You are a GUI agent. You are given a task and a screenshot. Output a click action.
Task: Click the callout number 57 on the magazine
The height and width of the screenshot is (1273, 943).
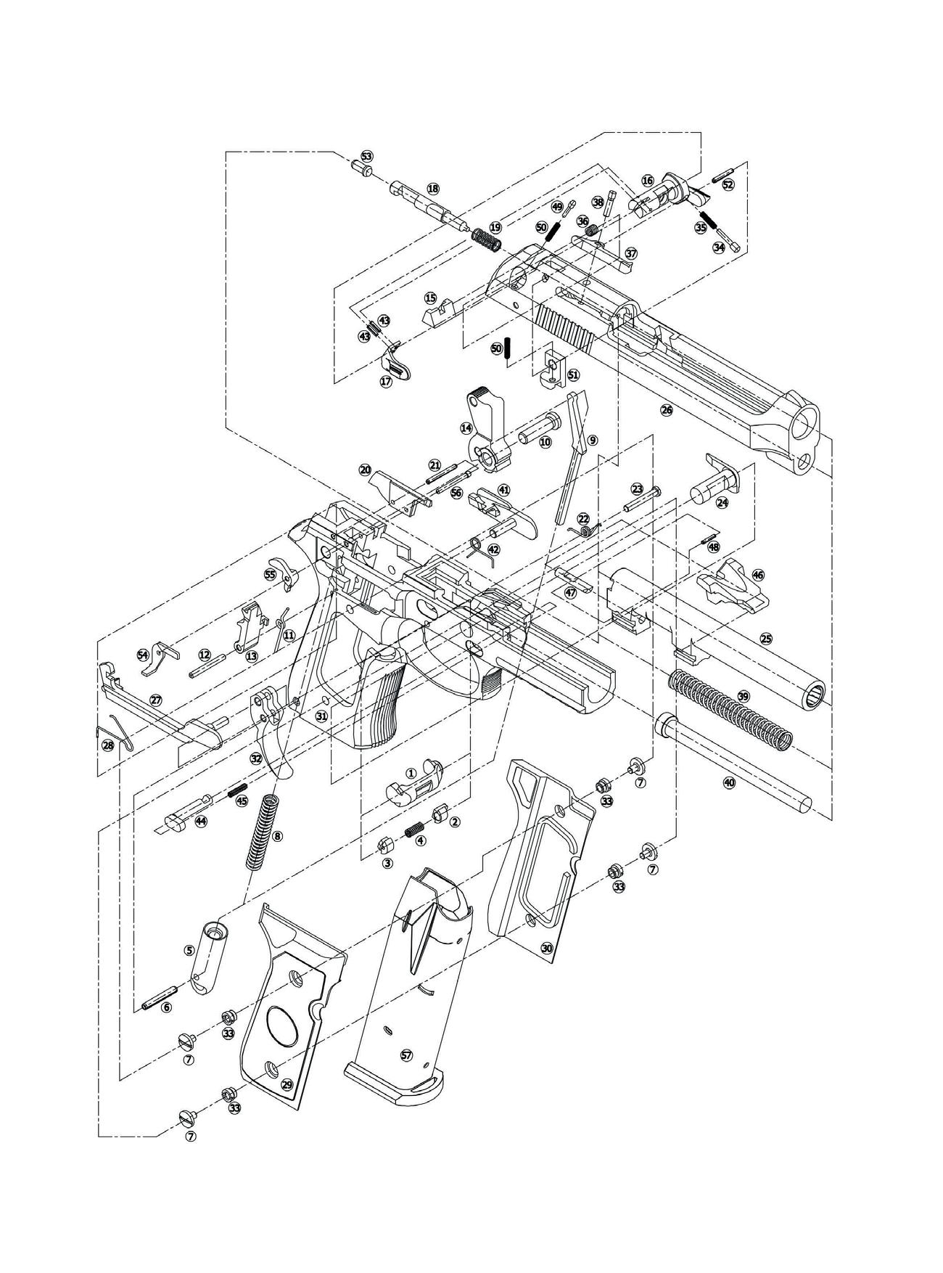[405, 1054]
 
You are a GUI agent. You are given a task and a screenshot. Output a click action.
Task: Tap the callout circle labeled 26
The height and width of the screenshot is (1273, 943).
[667, 410]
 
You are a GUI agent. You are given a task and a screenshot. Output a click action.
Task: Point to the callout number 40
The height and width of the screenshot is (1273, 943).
[729, 782]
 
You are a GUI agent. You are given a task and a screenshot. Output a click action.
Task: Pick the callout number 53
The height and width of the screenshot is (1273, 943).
[366, 157]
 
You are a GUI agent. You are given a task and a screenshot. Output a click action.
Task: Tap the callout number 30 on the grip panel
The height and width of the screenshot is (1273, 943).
[547, 948]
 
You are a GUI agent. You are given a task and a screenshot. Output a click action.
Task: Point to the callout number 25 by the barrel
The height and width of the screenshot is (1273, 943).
[766, 639]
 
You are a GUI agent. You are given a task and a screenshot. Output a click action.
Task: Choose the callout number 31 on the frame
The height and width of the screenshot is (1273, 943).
[321, 716]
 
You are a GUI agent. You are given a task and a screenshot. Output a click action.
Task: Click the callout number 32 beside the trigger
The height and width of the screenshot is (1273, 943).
[255, 758]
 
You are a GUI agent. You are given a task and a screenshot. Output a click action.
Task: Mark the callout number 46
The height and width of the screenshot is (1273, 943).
[758, 574]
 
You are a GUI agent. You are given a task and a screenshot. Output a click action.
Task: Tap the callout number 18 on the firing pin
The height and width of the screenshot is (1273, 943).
[433, 189]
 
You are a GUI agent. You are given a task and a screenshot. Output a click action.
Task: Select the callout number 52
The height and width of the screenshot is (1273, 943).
[728, 184]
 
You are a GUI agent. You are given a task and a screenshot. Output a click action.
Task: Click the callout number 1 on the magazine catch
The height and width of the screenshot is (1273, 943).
[411, 773]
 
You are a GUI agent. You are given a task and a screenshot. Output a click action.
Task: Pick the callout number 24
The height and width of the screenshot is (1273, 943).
[722, 502]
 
